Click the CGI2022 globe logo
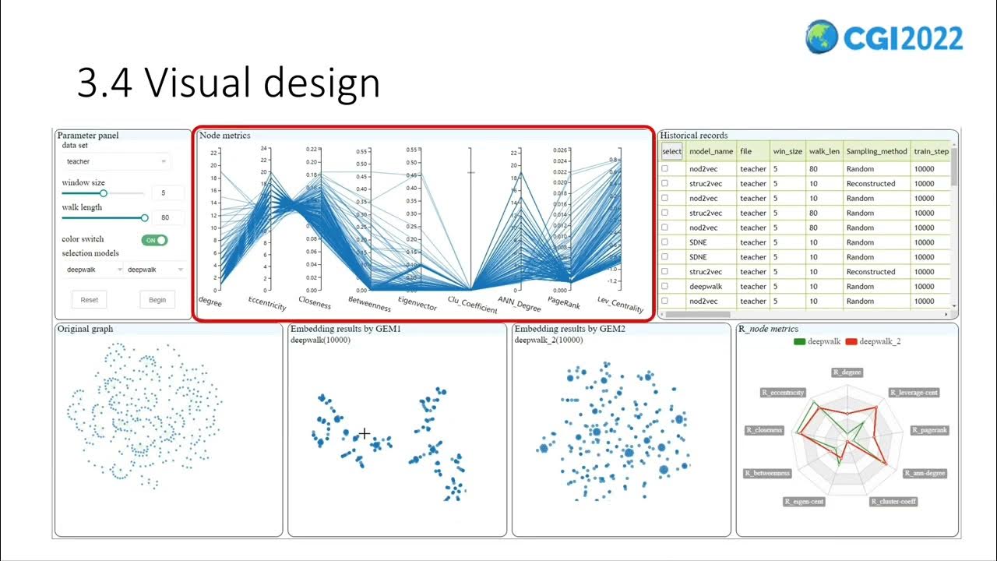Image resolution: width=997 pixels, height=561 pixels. tap(822, 37)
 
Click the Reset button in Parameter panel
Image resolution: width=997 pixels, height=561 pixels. tap(90, 300)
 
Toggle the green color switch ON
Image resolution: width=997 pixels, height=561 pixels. tap(154, 240)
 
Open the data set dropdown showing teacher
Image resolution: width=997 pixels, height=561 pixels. tap(115, 161)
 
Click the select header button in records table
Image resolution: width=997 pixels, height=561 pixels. tap(671, 151)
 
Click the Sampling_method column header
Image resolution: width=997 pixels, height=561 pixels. tap(876, 151)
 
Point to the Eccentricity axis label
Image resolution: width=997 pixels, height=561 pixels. tap(267, 303)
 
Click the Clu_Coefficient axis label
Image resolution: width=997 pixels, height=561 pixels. tap(472, 305)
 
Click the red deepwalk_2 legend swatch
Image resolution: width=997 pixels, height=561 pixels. tap(851, 341)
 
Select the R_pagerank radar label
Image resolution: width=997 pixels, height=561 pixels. tap(929, 430)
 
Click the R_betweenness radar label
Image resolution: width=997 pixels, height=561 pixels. tap(767, 473)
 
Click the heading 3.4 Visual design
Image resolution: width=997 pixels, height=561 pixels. tap(228, 83)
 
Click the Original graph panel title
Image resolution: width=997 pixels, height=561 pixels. tap(85, 329)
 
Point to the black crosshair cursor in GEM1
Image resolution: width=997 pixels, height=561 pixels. tap(364, 433)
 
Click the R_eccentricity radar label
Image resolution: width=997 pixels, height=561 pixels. tap(783, 393)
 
